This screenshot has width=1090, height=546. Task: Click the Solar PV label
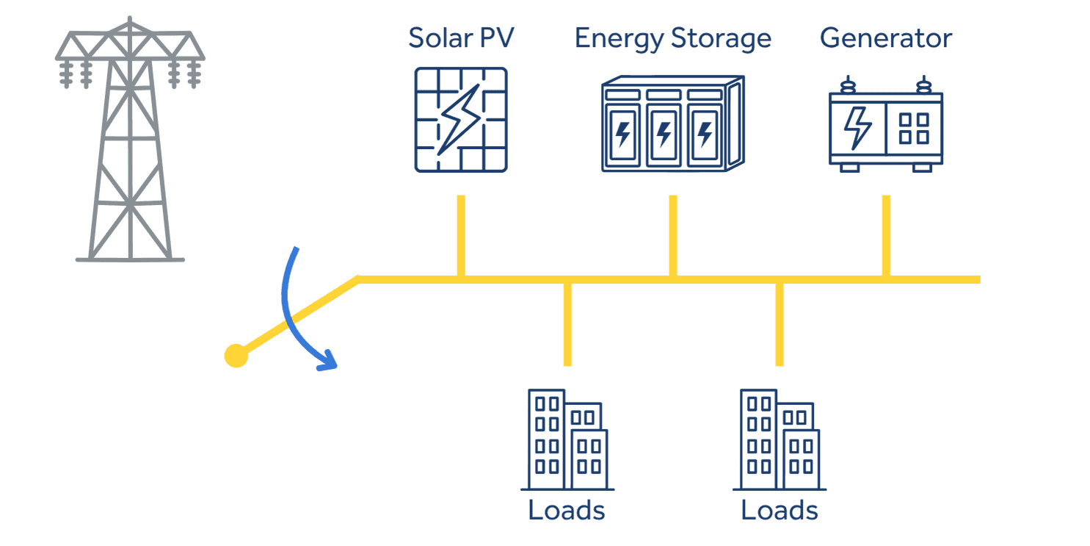pyautogui.click(x=461, y=38)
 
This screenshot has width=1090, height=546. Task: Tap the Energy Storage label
pyautogui.click(x=672, y=38)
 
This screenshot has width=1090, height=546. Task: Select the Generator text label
pyautogui.click(x=885, y=38)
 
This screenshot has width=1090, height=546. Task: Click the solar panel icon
pyautogui.click(x=460, y=120)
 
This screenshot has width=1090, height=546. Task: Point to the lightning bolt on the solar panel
pyautogui.click(x=458, y=118)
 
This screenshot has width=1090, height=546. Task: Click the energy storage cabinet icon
pyautogui.click(x=672, y=123)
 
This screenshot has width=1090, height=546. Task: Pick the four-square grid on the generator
pyautogui.click(x=914, y=128)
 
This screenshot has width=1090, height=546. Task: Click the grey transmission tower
pyautogui.click(x=130, y=140)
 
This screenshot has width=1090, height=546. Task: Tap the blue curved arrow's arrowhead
pyautogui.click(x=327, y=361)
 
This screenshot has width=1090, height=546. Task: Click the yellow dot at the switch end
pyautogui.click(x=236, y=356)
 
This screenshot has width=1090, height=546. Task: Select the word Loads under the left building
pyautogui.click(x=567, y=510)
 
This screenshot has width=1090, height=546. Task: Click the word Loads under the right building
pyautogui.click(x=779, y=510)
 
